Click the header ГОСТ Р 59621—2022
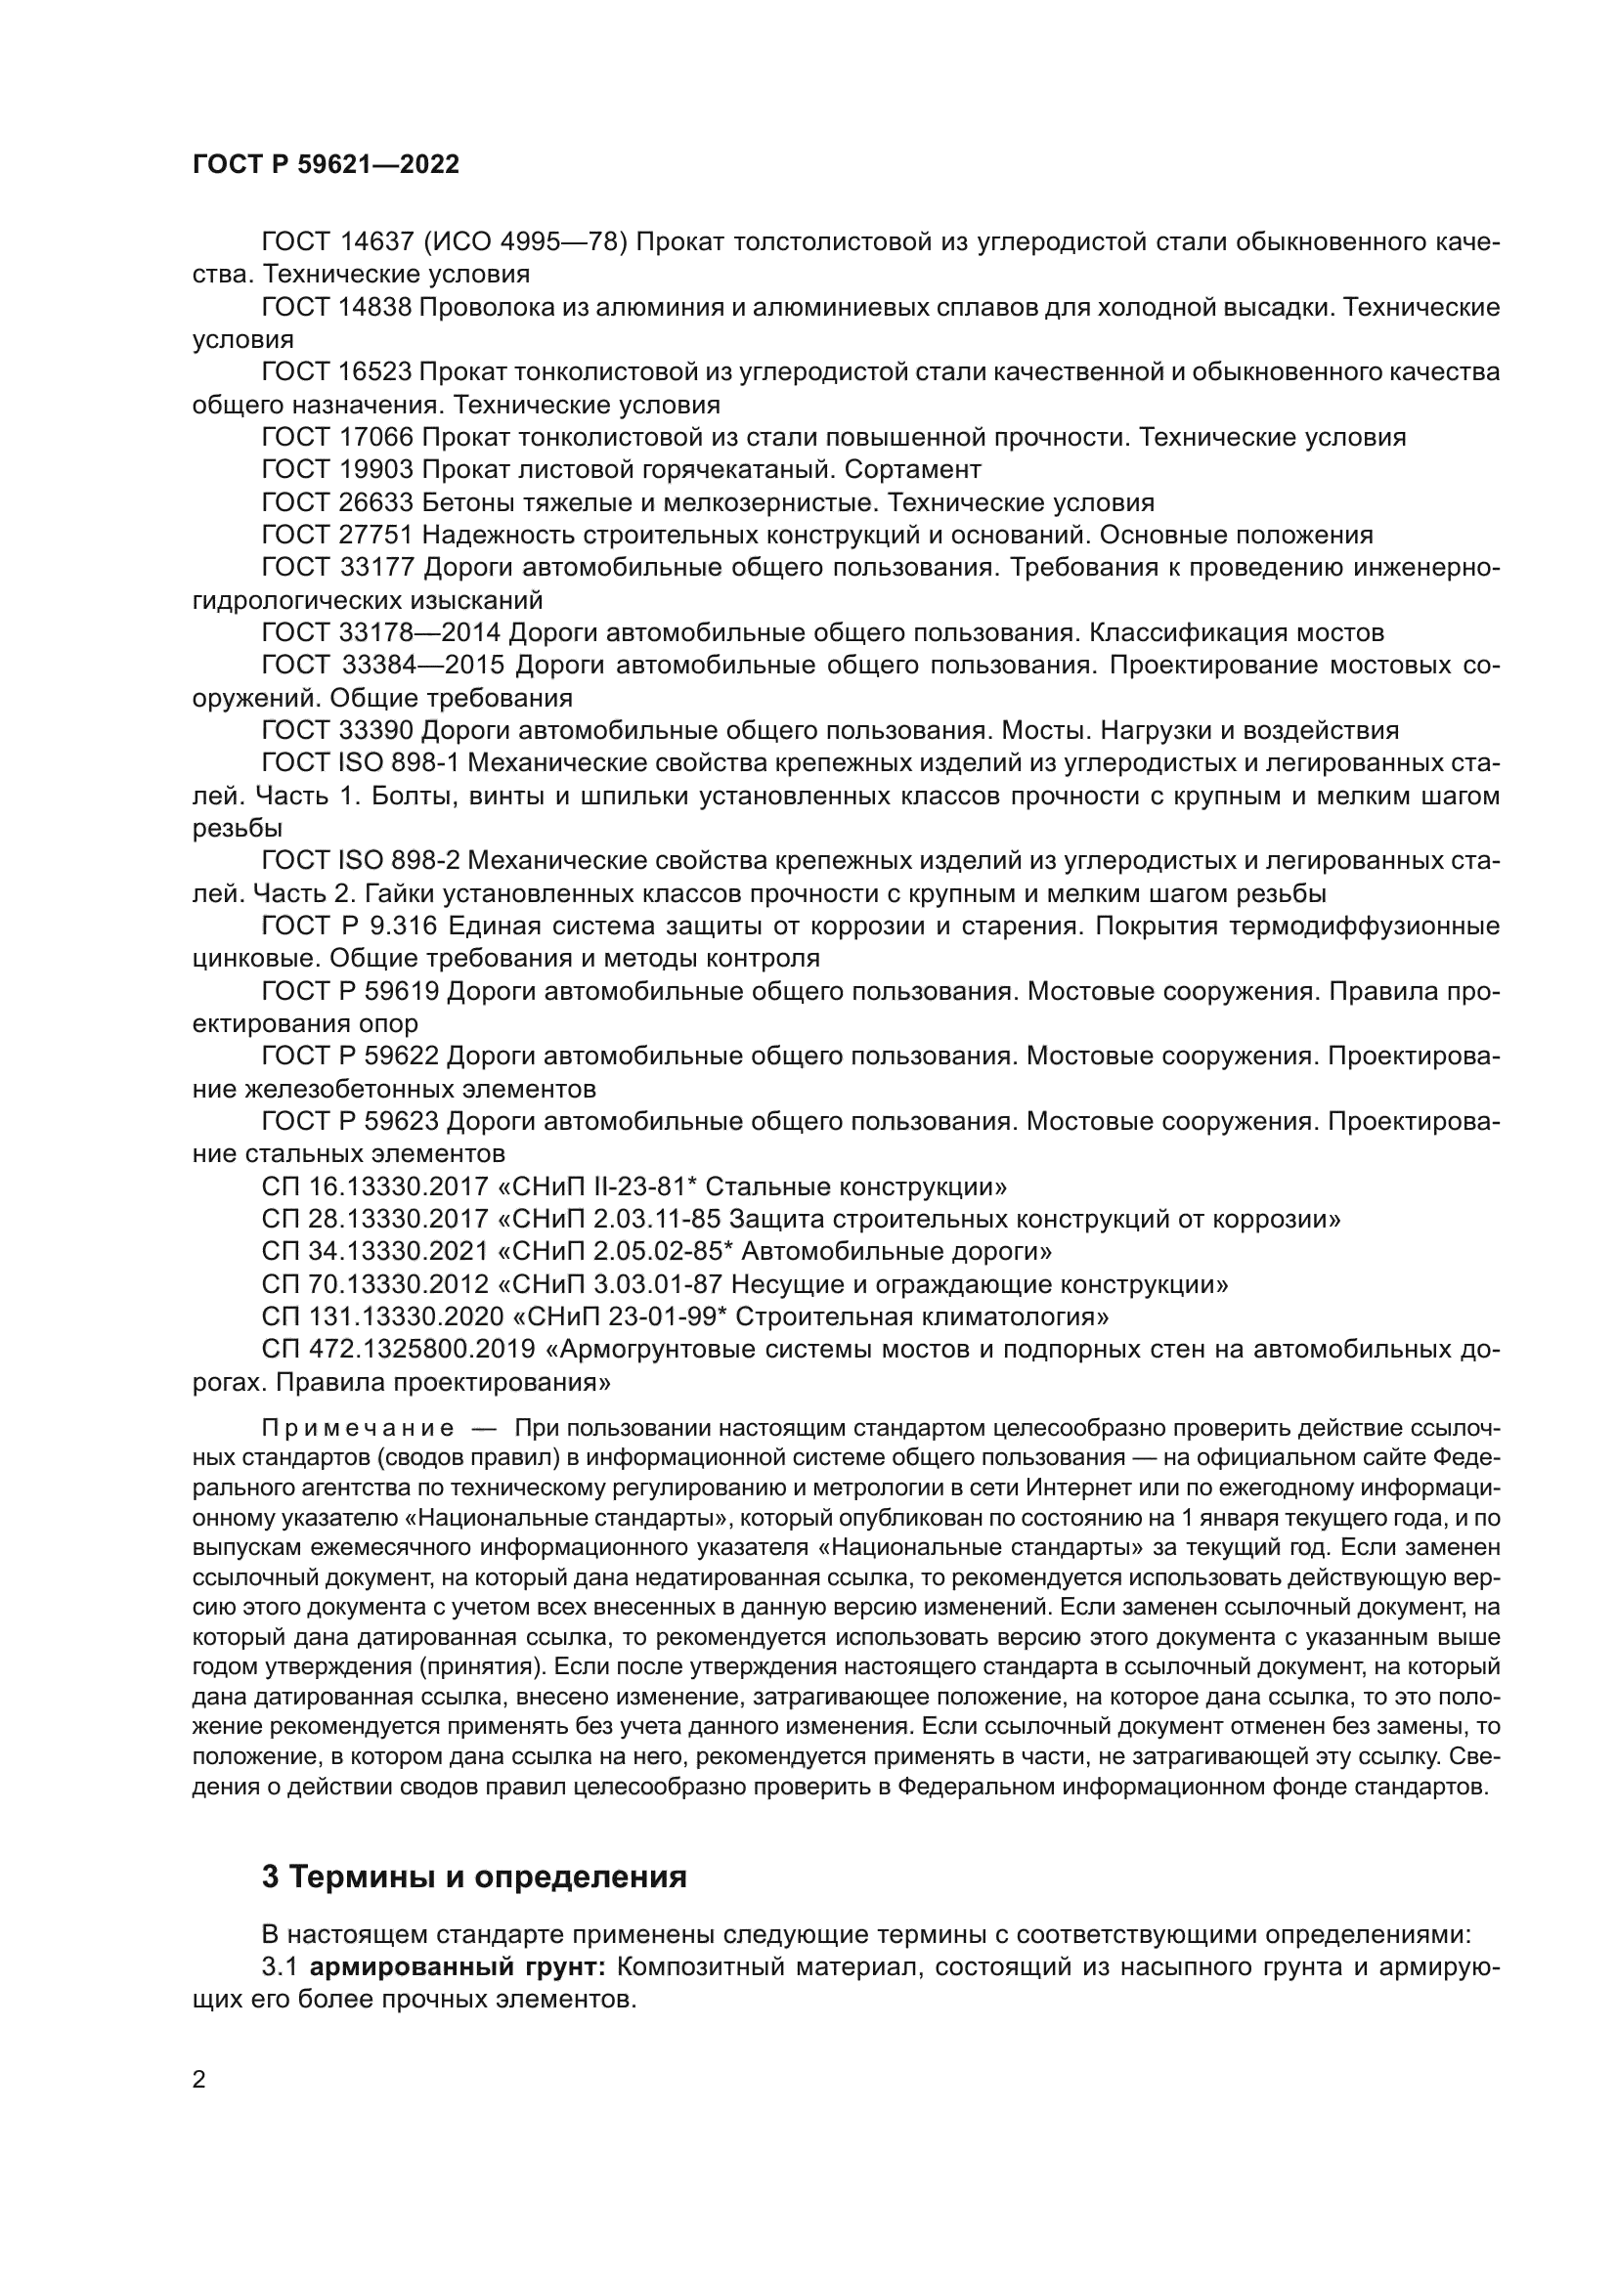[326, 165]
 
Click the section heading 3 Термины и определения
[474, 1876]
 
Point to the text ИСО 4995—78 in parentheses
[526, 241]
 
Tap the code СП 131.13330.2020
[382, 1317]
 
